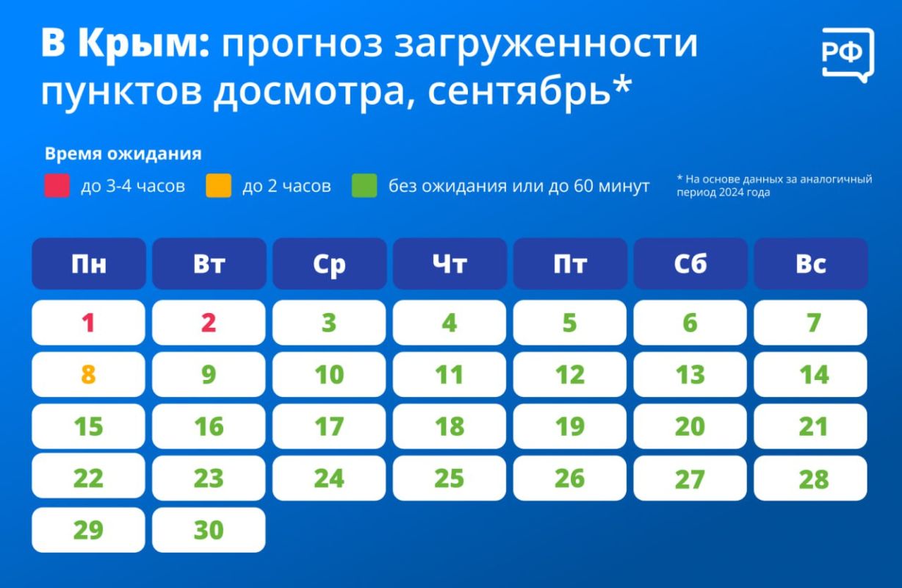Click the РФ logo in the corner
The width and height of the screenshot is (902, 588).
(848, 55)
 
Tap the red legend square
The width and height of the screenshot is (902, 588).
(57, 185)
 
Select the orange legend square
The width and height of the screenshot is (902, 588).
(218, 185)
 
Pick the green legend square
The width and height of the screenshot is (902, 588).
(364, 185)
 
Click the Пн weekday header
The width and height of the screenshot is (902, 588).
(89, 264)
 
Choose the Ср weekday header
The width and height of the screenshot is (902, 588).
(329, 264)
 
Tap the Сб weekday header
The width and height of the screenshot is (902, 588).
(690, 264)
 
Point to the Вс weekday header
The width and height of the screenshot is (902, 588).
(811, 264)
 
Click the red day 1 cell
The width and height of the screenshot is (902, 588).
(89, 323)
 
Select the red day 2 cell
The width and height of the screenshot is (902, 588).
(209, 323)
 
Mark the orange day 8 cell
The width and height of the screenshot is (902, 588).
(89, 374)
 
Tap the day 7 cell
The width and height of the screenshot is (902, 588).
(811, 323)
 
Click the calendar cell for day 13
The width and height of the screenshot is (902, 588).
(690, 374)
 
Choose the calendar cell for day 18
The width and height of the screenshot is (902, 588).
(450, 426)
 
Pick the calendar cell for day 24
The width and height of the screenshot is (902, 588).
(329, 478)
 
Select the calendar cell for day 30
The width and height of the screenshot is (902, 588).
(209, 530)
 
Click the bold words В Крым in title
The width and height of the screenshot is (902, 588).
(125, 43)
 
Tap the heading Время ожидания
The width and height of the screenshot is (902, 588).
(123, 154)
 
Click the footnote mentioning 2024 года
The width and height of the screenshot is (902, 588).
(774, 185)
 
